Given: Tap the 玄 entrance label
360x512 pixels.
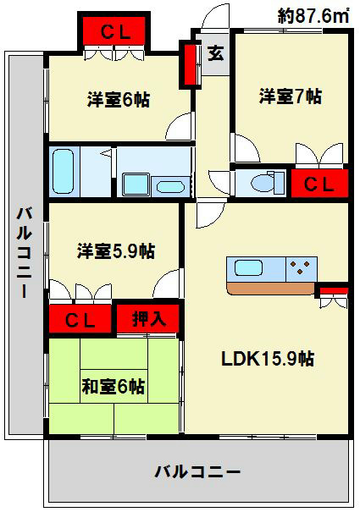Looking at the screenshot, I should click(216, 53).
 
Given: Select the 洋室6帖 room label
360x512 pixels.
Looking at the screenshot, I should click(119, 100).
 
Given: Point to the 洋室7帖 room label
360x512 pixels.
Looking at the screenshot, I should click(290, 96).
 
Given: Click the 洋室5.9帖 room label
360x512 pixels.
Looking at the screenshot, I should click(116, 251).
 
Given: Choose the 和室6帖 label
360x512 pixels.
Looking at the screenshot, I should click(113, 387).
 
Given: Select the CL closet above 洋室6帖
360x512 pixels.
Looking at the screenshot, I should click(114, 32).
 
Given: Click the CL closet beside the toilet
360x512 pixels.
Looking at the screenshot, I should click(318, 184).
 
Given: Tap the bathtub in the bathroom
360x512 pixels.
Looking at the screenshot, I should click(65, 171).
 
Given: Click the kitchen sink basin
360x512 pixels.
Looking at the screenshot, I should click(249, 269).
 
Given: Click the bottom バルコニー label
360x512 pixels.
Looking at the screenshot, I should click(197, 471).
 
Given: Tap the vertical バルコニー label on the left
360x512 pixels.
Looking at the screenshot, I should click(24, 252).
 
